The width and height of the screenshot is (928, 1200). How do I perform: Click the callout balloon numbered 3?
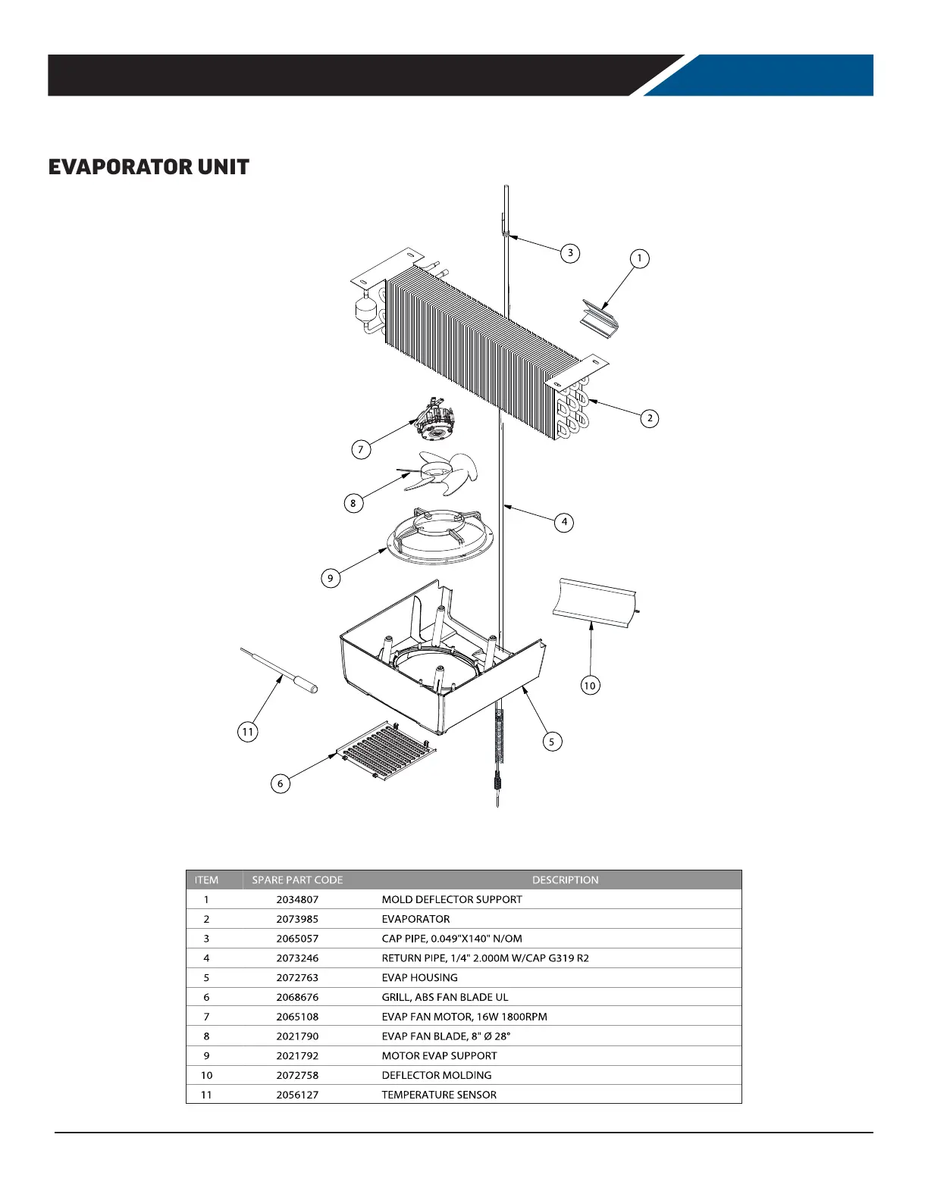[x=570, y=253]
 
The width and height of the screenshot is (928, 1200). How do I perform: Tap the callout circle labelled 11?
[x=247, y=732]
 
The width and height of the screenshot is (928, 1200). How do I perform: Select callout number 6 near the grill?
[x=281, y=783]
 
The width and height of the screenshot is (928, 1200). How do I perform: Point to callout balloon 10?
[x=590, y=686]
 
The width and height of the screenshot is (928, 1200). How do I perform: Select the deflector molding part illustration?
[x=595, y=602]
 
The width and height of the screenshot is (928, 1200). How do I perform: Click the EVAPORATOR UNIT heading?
[x=149, y=167]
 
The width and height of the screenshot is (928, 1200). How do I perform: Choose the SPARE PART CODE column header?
[x=297, y=880]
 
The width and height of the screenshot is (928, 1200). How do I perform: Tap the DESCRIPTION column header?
[x=565, y=880]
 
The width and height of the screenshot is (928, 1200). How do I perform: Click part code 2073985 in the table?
[x=297, y=919]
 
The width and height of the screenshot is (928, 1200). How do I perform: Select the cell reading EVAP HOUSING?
[x=419, y=977]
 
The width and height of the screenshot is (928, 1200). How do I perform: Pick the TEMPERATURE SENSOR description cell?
[x=439, y=1095]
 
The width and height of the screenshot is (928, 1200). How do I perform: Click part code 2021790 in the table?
[x=297, y=1036]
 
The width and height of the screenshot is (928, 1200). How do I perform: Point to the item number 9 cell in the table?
[x=206, y=1056]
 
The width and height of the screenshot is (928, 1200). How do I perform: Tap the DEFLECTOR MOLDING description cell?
[x=436, y=1075]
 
